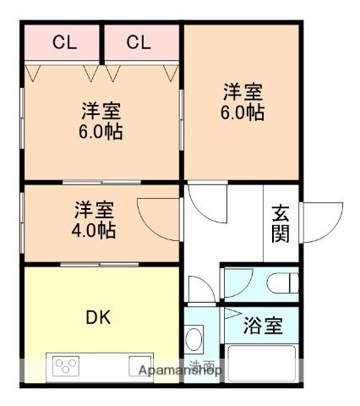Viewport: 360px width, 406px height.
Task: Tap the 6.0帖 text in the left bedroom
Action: [101, 132]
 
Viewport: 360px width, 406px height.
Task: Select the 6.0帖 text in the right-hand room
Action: [243, 112]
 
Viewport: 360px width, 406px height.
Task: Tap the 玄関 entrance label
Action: [281, 224]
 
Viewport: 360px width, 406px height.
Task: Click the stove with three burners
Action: [67, 366]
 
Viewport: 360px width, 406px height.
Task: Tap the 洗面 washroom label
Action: [203, 366]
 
